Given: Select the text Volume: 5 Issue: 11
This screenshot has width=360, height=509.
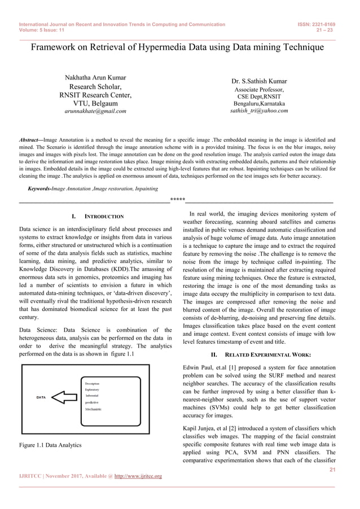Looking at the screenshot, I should pyautogui.click(x=41, y=32).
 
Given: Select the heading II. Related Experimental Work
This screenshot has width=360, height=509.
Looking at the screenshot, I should pyautogui.click(x=260, y=354).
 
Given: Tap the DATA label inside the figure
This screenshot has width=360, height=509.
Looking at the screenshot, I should pyautogui.click(x=41, y=397).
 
